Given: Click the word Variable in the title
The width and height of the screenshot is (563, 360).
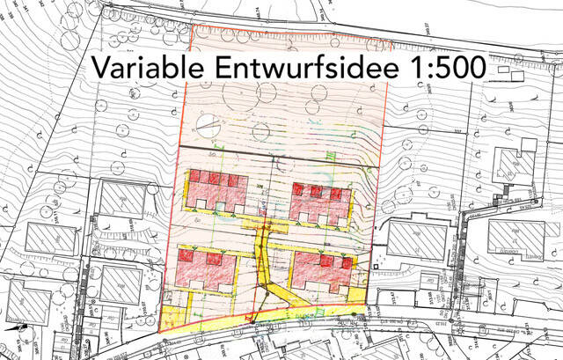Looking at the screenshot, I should (x=143, y=68).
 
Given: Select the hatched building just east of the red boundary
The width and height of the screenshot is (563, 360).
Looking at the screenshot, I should (x=413, y=240).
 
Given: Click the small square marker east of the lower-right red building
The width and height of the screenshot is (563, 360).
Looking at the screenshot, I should (x=376, y=264).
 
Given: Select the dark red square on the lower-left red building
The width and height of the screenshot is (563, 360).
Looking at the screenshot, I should (x=186, y=255).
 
